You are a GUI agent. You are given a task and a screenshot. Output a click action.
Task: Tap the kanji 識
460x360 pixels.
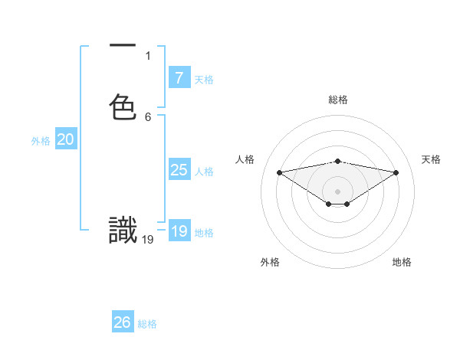point(123,231)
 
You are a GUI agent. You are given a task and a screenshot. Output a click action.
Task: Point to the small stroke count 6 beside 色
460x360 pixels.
point(148,117)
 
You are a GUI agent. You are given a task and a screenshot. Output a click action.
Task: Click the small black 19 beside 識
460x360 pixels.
point(148,240)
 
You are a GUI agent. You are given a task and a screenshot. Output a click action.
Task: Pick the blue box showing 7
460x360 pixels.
point(179,78)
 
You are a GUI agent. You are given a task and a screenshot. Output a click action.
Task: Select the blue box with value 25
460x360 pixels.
point(179,170)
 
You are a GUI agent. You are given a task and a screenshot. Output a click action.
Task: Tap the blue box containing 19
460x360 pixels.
point(179,231)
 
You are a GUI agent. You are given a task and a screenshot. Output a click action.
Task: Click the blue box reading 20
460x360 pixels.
point(65,139)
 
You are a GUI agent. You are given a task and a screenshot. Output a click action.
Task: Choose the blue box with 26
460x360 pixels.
point(122,322)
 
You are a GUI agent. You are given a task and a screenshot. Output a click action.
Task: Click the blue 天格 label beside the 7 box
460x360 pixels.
point(204,80)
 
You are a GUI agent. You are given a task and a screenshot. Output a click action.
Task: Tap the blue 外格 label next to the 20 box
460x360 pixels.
point(41,141)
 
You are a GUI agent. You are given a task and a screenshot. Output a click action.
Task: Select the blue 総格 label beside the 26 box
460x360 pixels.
point(147,324)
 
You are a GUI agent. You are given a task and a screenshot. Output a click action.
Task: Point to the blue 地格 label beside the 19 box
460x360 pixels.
point(204,233)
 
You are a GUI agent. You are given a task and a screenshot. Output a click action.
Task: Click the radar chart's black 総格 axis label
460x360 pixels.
point(338,100)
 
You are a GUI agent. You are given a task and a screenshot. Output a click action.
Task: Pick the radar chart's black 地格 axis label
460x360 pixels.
point(402,262)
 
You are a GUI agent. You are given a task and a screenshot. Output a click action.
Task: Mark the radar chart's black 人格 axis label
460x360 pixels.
point(245,159)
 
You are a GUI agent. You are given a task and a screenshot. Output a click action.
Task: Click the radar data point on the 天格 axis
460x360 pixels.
point(396,172)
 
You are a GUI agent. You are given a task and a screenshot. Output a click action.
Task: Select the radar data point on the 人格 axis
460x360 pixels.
point(279,172)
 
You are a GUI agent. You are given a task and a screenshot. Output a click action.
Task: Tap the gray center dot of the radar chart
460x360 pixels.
point(338,191)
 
